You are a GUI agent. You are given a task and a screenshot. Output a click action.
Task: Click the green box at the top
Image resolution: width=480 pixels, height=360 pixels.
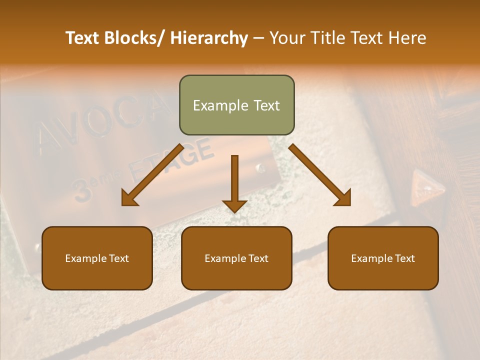click(236, 105)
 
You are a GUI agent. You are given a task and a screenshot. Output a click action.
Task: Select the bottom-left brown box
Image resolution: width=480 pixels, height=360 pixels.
click(97, 258)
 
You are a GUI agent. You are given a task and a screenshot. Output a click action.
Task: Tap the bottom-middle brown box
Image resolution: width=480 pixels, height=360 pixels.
click(236, 258)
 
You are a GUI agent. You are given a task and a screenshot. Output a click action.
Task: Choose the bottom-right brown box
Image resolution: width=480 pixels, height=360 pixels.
click(383, 258)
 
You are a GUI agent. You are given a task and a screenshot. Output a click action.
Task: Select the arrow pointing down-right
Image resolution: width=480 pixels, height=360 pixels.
click(320, 175)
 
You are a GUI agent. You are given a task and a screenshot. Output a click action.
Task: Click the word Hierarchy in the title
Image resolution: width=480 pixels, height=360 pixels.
click(209, 38)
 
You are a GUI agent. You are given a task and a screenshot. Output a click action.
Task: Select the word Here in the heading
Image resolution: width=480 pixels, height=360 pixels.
click(408, 38)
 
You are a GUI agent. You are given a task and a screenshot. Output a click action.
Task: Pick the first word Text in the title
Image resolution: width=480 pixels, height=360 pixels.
click(82, 38)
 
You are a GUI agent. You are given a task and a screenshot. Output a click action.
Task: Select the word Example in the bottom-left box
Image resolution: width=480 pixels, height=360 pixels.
click(86, 258)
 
